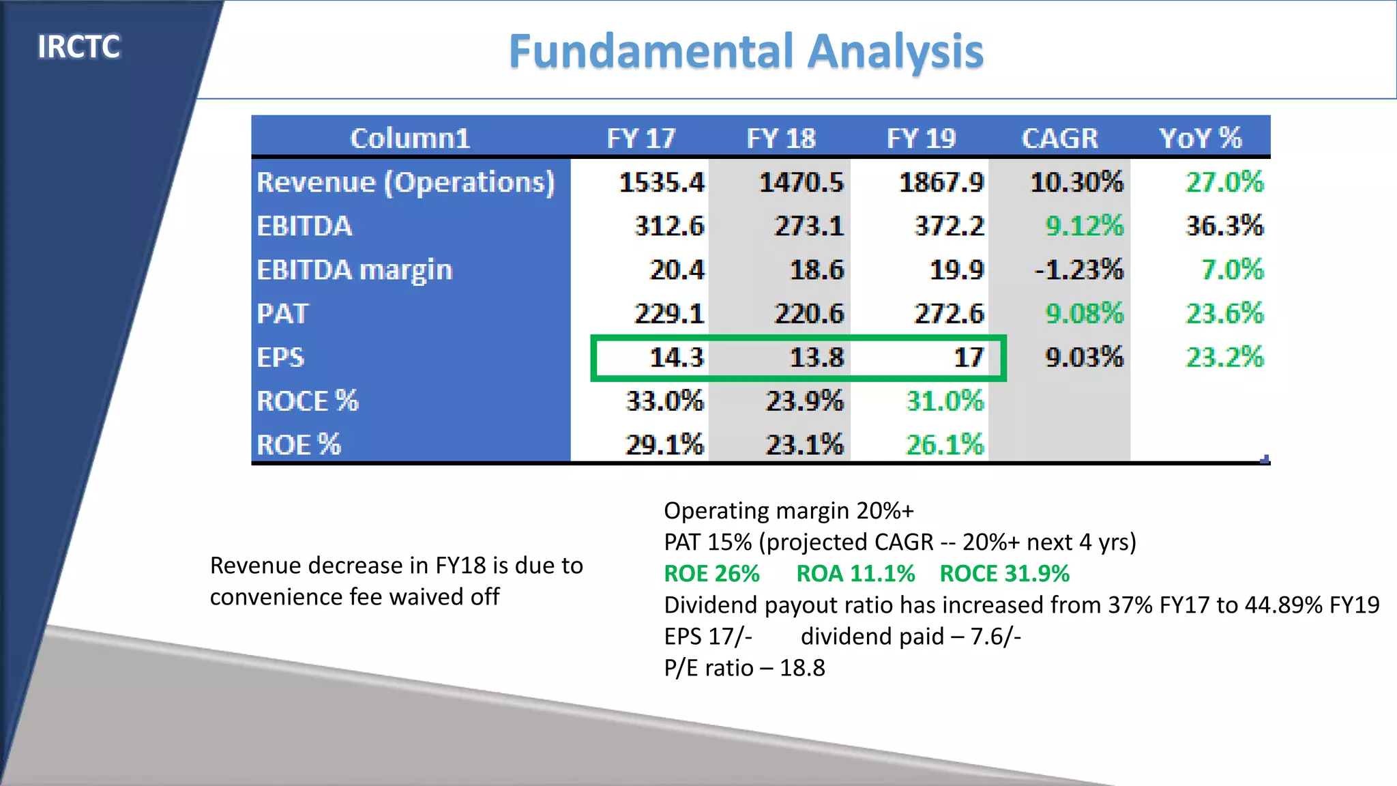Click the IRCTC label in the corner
(x=78, y=47)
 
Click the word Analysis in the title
(x=895, y=52)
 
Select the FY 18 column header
(x=780, y=139)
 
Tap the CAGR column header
(x=1059, y=139)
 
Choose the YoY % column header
(x=1200, y=139)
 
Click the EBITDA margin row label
(x=354, y=270)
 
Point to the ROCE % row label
(x=307, y=401)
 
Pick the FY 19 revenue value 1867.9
(x=941, y=182)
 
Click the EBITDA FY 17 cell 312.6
(x=668, y=226)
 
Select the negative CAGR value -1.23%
(x=1078, y=270)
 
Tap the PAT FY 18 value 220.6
(x=808, y=314)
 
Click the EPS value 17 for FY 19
(x=968, y=358)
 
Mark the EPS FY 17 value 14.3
(x=676, y=358)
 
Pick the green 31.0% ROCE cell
(x=945, y=401)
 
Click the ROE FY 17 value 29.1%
(x=664, y=445)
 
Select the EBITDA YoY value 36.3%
(x=1224, y=226)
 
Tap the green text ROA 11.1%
(x=855, y=574)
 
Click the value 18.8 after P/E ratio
(x=802, y=668)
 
